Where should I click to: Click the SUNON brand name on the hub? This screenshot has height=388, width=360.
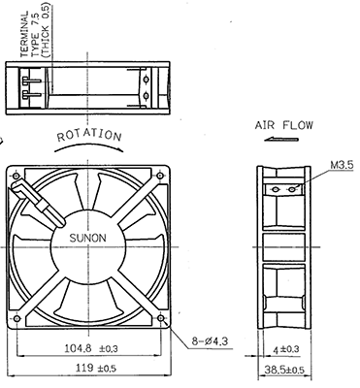(87, 238)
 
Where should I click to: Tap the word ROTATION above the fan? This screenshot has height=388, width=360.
(89, 136)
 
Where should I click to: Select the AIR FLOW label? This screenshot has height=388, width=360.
(284, 125)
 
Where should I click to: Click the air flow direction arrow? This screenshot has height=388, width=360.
(281, 140)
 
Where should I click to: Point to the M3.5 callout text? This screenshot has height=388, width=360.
(342, 165)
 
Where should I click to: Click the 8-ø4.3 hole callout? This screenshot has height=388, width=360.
(210, 340)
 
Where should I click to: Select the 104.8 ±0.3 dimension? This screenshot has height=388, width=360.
(91, 348)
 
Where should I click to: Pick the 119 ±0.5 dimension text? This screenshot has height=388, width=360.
(96, 368)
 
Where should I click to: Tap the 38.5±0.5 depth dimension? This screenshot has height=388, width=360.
(284, 370)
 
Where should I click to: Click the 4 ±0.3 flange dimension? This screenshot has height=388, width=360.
(286, 349)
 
